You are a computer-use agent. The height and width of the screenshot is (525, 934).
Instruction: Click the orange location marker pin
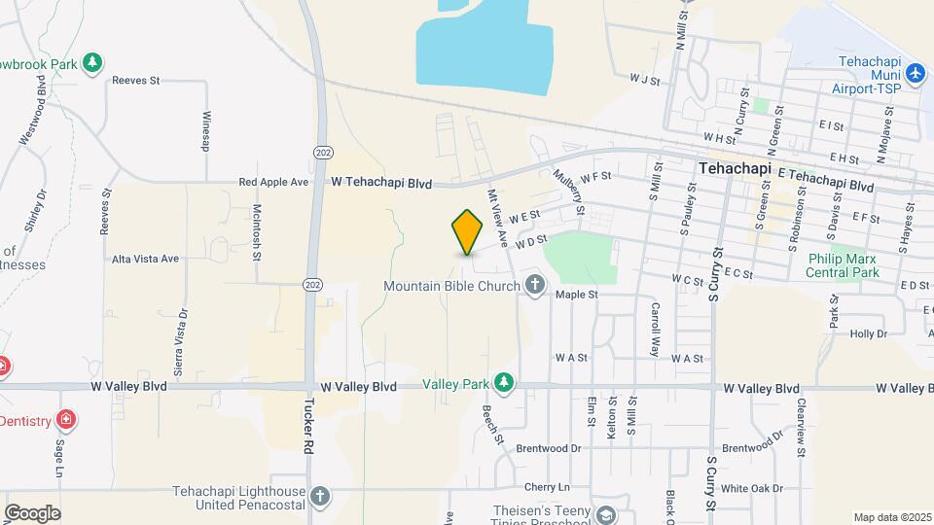[467, 231]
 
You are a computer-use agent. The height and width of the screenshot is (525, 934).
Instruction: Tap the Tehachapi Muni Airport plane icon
[914, 73]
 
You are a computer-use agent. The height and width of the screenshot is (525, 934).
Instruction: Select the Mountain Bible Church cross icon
[534, 285]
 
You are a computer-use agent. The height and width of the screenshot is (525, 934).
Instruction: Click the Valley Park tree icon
[503, 385]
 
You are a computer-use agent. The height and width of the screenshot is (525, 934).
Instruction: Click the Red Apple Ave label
[273, 182]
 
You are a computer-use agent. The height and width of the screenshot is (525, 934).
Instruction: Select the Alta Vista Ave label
[146, 259]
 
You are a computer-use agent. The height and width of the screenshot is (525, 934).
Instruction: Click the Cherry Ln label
[546, 486]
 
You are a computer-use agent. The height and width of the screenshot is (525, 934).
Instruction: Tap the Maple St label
[575, 294]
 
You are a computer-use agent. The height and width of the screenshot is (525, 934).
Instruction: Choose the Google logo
[32, 512]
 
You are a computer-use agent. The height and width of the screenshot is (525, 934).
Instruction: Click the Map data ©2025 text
[891, 517]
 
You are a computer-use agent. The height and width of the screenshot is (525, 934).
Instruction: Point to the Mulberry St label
[568, 192]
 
